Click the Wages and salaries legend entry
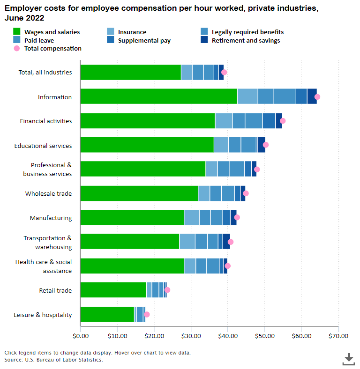click(x=46, y=32)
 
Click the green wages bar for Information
click(x=158, y=96)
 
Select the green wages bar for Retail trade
click(x=113, y=290)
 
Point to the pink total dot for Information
click(x=317, y=96)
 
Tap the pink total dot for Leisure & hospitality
click(x=147, y=314)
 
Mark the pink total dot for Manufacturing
click(x=237, y=217)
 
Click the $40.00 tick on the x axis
click(x=227, y=336)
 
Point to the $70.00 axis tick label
click(x=338, y=336)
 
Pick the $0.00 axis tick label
click(x=81, y=336)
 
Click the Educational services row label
click(x=43, y=146)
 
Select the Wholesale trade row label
click(x=48, y=193)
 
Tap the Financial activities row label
click(x=46, y=121)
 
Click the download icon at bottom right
click(x=348, y=359)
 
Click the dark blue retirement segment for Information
click(x=312, y=96)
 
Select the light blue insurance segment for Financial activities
click(x=224, y=120)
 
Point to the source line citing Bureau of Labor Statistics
click(x=53, y=360)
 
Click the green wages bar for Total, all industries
click(x=130, y=72)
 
